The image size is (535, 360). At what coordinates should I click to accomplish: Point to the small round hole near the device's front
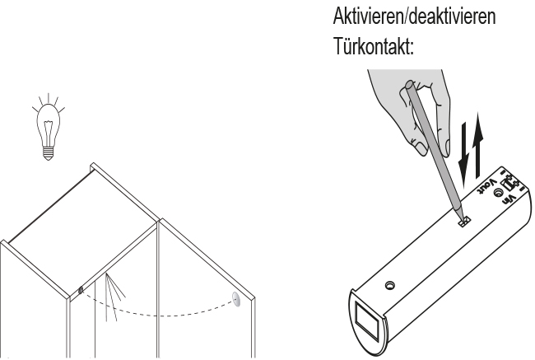[391, 285]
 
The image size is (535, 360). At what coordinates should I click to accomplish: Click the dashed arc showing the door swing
[156, 316]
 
